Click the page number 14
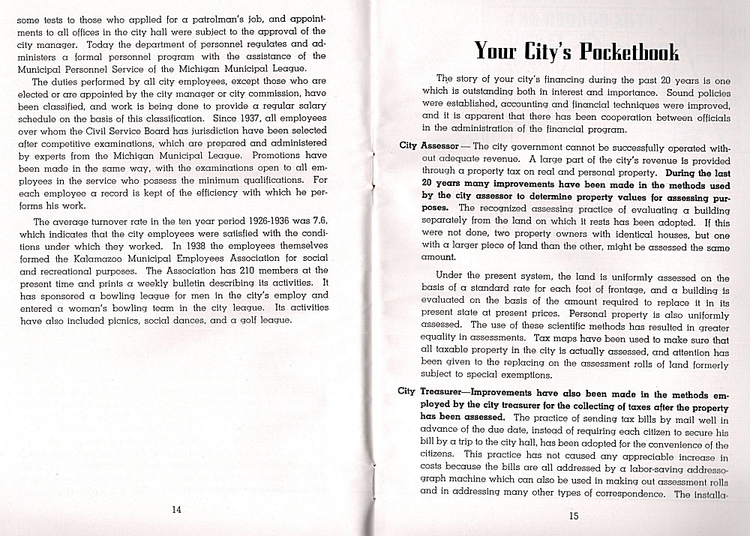[176, 510]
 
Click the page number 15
[574, 515]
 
